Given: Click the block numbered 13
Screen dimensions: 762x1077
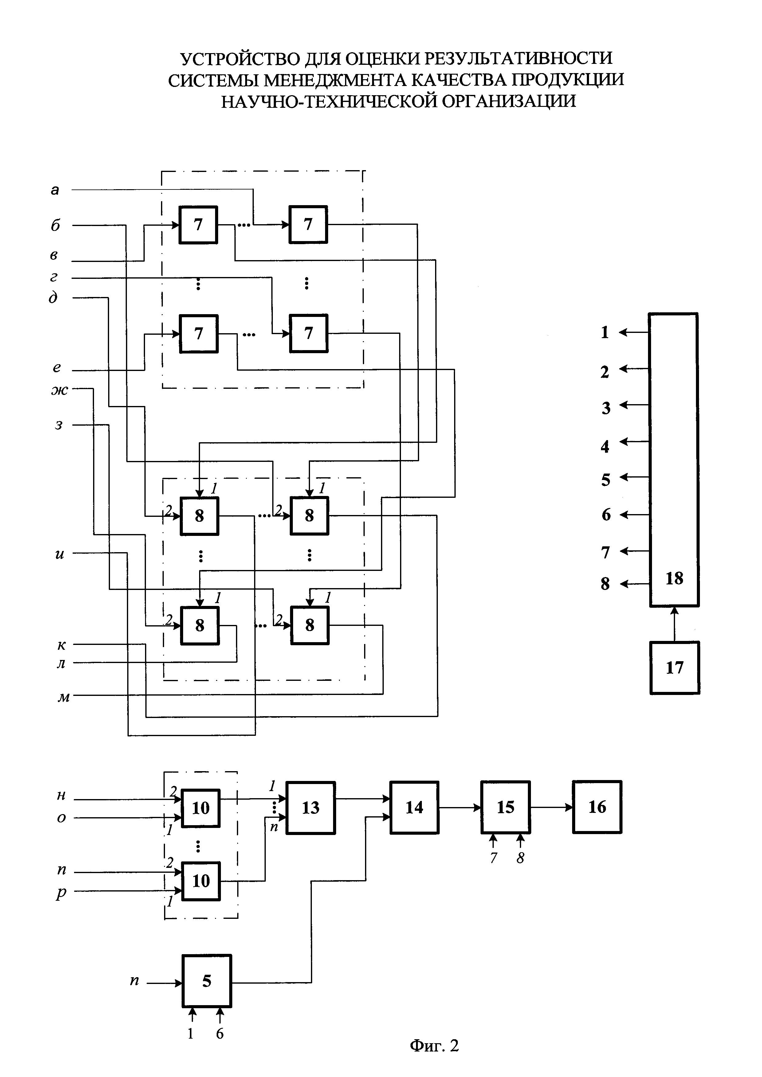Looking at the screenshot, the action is click(x=311, y=808).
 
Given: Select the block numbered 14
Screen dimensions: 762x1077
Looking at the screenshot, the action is click(x=414, y=807).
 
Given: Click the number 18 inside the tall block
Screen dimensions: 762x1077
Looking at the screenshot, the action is click(x=674, y=578).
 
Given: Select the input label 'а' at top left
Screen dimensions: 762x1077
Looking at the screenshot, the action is click(x=55, y=190).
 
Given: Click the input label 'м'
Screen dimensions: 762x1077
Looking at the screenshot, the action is click(x=63, y=697).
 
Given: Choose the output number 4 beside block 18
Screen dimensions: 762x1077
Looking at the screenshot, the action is click(x=605, y=446).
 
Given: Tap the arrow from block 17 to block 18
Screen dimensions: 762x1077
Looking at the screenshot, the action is click(x=674, y=624).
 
